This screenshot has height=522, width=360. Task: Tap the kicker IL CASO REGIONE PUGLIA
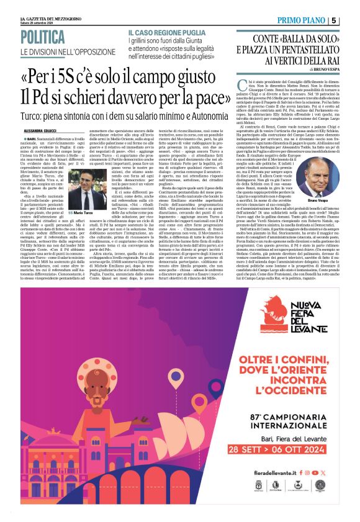pos(164,32)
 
